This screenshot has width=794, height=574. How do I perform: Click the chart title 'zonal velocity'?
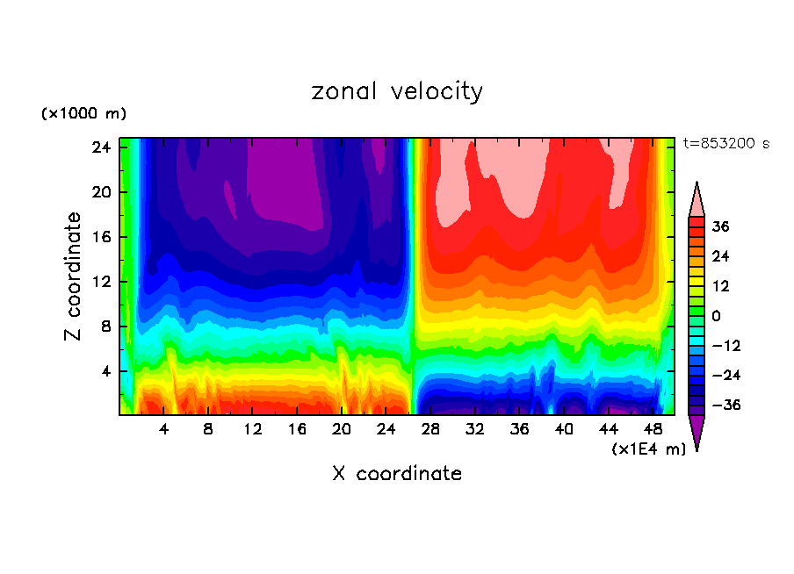(397, 91)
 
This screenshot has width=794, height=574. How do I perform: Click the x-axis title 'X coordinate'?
(397, 474)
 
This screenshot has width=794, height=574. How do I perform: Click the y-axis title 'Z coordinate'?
(74, 276)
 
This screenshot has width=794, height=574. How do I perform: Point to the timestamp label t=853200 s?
(725, 144)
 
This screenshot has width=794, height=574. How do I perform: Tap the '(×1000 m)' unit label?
(83, 114)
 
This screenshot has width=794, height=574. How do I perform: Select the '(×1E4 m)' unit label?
(648, 449)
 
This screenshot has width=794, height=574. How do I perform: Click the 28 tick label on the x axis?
(430, 430)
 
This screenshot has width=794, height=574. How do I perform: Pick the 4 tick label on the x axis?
(163, 430)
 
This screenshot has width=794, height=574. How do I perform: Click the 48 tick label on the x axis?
(653, 430)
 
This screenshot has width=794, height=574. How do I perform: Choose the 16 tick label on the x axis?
(297, 430)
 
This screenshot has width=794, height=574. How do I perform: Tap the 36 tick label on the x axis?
(519, 430)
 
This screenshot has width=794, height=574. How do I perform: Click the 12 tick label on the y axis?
(98, 282)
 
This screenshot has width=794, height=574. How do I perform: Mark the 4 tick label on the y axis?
(104, 371)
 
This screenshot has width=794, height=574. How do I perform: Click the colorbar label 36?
(720, 226)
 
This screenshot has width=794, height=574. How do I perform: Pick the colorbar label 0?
(716, 316)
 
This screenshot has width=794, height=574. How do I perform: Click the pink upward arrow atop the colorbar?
(697, 200)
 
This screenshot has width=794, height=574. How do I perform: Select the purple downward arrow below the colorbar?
(697, 430)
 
